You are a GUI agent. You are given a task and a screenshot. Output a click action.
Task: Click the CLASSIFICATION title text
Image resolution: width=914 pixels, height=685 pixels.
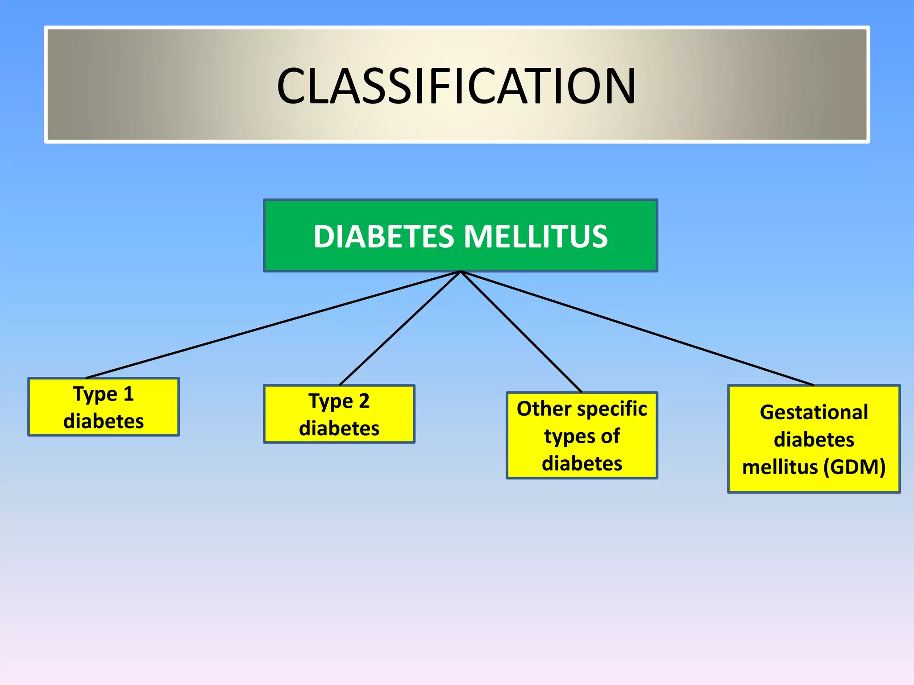point(456,86)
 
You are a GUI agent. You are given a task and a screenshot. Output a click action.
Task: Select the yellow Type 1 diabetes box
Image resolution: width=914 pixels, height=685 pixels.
point(104,407)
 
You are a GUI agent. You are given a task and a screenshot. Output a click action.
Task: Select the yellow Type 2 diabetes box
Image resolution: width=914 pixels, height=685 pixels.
point(339,414)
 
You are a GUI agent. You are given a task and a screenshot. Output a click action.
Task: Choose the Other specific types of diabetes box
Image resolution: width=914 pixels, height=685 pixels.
point(582,435)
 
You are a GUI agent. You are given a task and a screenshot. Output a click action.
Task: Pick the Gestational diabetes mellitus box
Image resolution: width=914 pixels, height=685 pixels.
point(814,439)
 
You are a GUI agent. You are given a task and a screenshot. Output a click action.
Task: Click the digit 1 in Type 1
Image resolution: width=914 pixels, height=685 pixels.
point(129,394)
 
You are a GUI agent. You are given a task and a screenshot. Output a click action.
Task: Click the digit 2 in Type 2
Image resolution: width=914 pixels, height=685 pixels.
point(364,401)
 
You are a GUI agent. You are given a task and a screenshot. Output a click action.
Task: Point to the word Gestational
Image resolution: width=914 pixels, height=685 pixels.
point(814,412)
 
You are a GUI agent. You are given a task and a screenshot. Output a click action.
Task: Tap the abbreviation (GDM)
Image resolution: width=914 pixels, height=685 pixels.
point(854,467)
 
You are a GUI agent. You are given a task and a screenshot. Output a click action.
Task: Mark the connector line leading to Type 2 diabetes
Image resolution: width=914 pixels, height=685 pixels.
point(399,329)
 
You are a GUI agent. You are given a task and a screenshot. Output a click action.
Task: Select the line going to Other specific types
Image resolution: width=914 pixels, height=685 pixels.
point(521,332)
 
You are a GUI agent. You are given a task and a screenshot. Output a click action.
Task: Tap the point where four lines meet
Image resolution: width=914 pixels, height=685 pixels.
point(461,272)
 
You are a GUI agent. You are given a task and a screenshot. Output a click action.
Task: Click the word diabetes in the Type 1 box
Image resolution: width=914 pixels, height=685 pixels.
point(104,421)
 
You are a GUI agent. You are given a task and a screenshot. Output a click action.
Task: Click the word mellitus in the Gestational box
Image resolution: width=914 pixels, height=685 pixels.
point(780,467)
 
